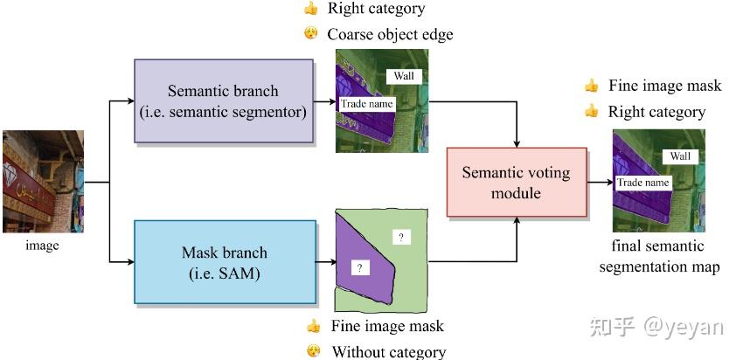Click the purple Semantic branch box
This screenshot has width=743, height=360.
coord(223,100)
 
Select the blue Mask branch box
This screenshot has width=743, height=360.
coord(224,261)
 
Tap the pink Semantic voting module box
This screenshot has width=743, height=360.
coord(516,182)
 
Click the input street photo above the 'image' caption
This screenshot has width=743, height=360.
coord(43,181)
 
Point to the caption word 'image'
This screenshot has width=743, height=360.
coord(42,246)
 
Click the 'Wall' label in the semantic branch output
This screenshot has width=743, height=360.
coord(403,76)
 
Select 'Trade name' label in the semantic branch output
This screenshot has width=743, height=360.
coord(367,104)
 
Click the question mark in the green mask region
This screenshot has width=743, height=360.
coord(401,237)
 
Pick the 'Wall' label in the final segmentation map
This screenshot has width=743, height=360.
coord(680,156)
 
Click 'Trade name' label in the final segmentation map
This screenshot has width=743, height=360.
coord(643,183)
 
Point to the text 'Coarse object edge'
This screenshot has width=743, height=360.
coord(390,35)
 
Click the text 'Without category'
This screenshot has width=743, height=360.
coord(388,352)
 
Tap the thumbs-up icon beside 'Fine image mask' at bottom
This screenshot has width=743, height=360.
coord(313,326)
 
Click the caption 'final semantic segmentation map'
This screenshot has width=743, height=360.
coord(658,256)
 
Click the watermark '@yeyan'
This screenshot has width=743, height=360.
coord(684,327)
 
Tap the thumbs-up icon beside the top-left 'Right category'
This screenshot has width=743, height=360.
coord(310,9)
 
